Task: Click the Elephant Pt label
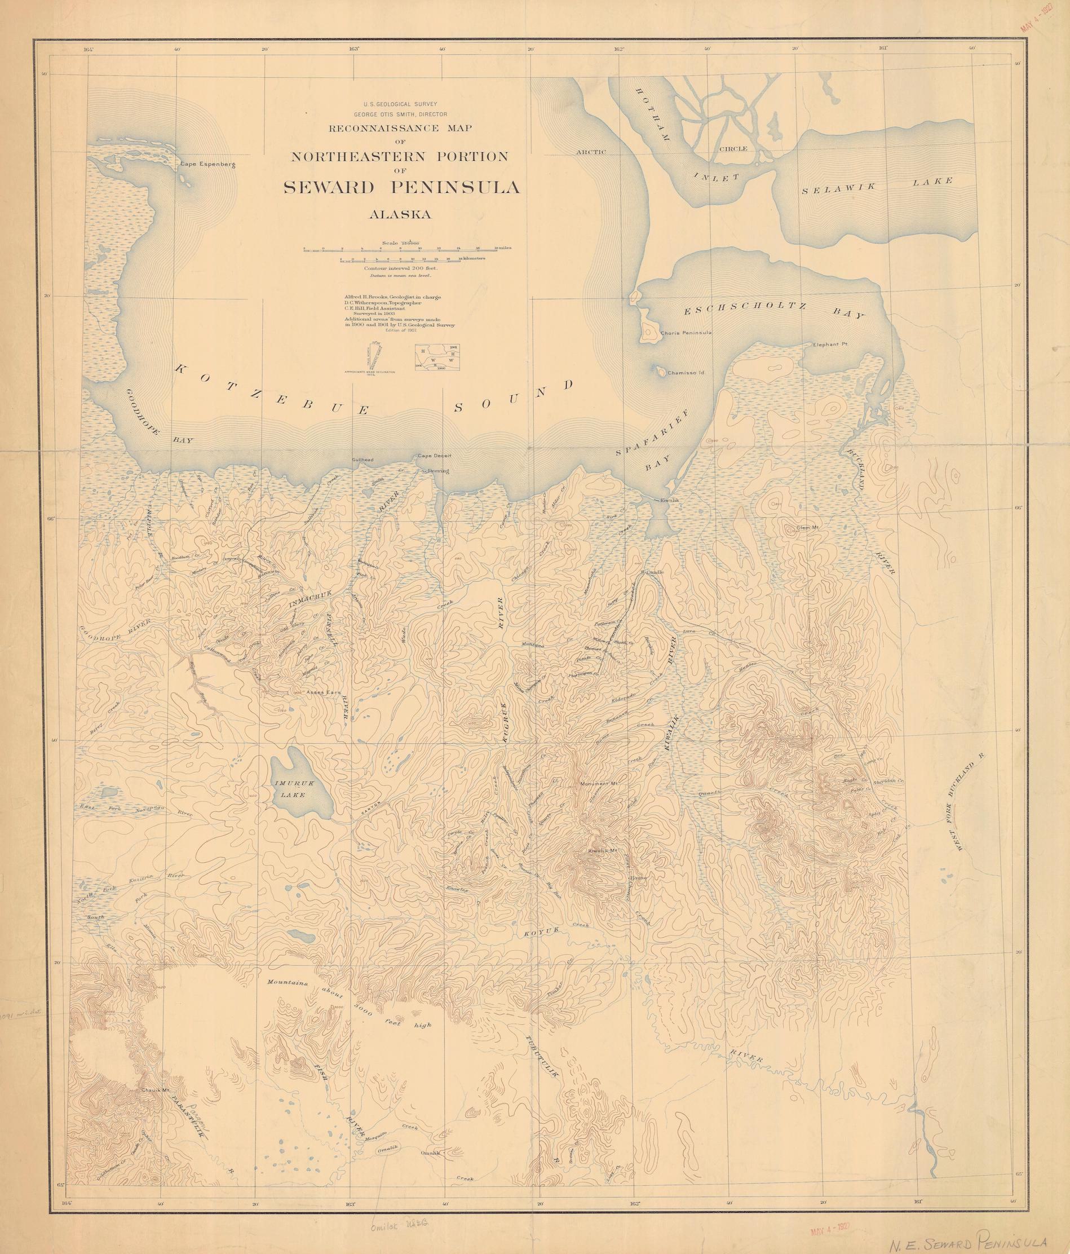(829, 345)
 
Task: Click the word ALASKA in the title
(401, 214)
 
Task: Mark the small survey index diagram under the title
(437, 356)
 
